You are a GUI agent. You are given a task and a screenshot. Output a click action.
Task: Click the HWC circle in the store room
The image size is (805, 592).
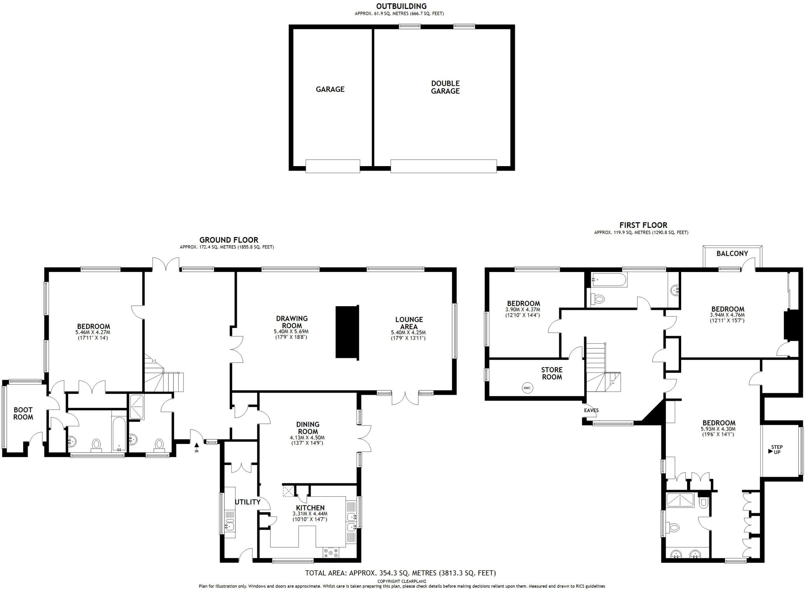pyautogui.click(x=527, y=388)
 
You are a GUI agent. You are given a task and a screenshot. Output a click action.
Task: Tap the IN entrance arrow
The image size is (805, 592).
pyautogui.click(x=197, y=445)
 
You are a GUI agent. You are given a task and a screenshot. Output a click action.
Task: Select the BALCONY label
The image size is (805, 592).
pyautogui.click(x=732, y=253)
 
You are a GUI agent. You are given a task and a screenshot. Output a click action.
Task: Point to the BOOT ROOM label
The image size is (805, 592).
pyautogui.click(x=23, y=414)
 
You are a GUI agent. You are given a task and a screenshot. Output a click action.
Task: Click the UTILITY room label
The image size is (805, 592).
pyautogui.click(x=248, y=502)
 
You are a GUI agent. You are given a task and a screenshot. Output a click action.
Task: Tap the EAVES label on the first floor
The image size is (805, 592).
pyautogui.click(x=591, y=410)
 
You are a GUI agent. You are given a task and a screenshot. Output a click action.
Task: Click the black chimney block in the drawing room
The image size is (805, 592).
pyautogui.click(x=347, y=332)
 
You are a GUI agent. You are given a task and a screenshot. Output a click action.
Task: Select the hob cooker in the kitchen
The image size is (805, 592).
pyautogui.click(x=331, y=553)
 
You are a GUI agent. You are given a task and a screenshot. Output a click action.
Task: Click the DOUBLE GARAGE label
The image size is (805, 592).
pyautogui.click(x=445, y=87)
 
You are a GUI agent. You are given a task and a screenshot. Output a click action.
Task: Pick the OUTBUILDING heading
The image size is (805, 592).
pyautogui.click(x=401, y=6)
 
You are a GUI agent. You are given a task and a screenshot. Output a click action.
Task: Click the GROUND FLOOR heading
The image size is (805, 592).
pyautogui.click(x=229, y=240)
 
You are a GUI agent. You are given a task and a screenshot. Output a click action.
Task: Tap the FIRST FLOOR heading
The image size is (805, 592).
pyautogui.click(x=643, y=225)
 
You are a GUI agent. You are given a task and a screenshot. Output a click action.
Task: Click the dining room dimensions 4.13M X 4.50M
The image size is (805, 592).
pyautogui.click(x=307, y=438)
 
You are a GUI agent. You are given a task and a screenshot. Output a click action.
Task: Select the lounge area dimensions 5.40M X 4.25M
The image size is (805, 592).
pyautogui.click(x=408, y=333)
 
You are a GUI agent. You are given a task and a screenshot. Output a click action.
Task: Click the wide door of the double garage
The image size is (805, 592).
pyautogui.click(x=444, y=166)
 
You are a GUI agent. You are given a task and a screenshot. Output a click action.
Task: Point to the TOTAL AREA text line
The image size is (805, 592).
pyautogui.click(x=401, y=573)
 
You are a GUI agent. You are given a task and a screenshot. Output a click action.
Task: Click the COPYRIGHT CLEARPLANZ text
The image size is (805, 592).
pyautogui.click(x=402, y=581)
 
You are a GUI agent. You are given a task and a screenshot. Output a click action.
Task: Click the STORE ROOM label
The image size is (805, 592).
pyautogui.click(x=552, y=373)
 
